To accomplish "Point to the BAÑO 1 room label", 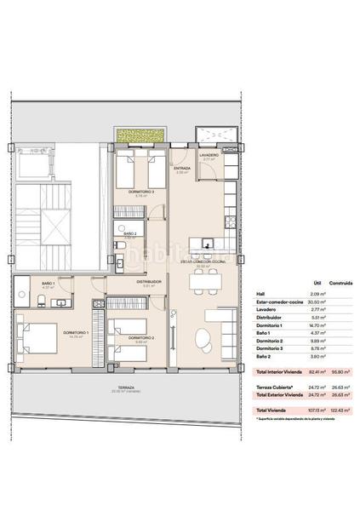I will [x=49, y=283].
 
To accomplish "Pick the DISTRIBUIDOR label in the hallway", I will [x=150, y=282].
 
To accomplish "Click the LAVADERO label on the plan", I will [x=210, y=155].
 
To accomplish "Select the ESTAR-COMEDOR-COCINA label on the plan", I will [x=203, y=261].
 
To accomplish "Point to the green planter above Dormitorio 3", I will [x=140, y=135].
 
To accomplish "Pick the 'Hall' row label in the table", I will [x=260, y=295].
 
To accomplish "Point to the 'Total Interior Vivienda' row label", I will [x=279, y=373].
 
